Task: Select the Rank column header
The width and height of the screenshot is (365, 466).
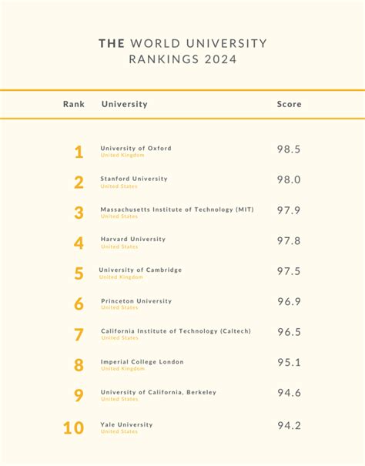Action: click(74, 104)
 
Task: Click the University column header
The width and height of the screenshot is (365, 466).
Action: click(124, 104)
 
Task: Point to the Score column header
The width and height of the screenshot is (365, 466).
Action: click(289, 104)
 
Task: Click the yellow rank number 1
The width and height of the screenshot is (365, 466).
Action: click(79, 152)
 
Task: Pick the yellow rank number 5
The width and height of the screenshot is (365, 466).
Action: click(79, 273)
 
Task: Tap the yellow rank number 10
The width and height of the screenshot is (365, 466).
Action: click(73, 427)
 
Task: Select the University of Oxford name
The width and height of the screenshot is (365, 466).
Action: click(136, 148)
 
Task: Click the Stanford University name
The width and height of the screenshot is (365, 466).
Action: click(134, 179)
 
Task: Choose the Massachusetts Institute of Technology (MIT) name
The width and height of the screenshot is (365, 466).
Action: click(177, 209)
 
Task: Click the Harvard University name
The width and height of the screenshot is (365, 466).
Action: click(133, 239)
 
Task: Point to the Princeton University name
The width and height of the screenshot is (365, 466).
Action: click(136, 301)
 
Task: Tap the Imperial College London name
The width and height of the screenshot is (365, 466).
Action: click(142, 361)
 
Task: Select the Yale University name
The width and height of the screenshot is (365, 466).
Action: click(127, 424)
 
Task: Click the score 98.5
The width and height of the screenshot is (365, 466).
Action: click(289, 149)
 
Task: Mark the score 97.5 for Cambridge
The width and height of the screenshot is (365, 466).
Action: click(289, 271)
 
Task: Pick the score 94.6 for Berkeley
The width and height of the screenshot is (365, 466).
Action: click(289, 394)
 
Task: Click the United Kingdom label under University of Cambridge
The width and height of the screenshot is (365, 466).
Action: click(121, 277)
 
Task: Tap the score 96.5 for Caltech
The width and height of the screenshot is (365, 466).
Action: click(289, 332)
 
